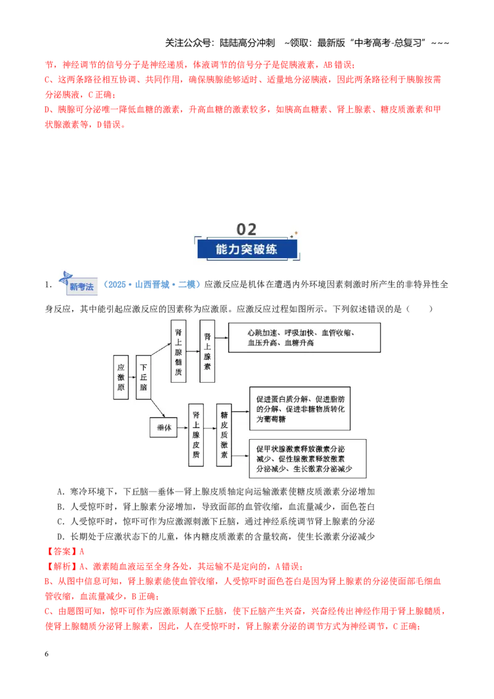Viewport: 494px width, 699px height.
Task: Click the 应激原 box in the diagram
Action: [x=121, y=377]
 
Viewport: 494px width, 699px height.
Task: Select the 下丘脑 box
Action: [x=143, y=377]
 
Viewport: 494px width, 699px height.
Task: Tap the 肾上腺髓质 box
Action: [x=178, y=351]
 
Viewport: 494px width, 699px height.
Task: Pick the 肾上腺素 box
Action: [x=207, y=351]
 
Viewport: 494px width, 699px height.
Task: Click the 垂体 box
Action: [x=164, y=427]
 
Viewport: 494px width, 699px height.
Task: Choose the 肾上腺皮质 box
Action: [x=196, y=435]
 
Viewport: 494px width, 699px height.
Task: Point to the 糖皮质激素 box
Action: [x=224, y=435]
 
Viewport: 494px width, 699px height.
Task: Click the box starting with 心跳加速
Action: [x=304, y=338]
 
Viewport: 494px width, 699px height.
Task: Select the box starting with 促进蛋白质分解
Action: [x=300, y=409]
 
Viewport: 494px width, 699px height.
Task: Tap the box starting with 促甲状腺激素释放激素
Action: [x=308, y=459]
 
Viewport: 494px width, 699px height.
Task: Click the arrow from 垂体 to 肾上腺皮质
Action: [x=183, y=428]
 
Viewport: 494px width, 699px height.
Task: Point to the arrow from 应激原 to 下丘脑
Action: [x=132, y=377]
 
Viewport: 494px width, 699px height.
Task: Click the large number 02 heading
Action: [x=246, y=229]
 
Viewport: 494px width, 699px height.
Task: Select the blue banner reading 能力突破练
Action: [x=247, y=249]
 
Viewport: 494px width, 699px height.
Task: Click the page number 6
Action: [x=46, y=654]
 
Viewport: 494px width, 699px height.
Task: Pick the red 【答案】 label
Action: [x=62, y=551]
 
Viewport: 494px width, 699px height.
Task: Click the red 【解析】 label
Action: [x=62, y=567]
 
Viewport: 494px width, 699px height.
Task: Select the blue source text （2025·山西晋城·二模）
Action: [x=151, y=285]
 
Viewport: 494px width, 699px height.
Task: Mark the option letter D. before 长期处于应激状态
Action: [x=61, y=537]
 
